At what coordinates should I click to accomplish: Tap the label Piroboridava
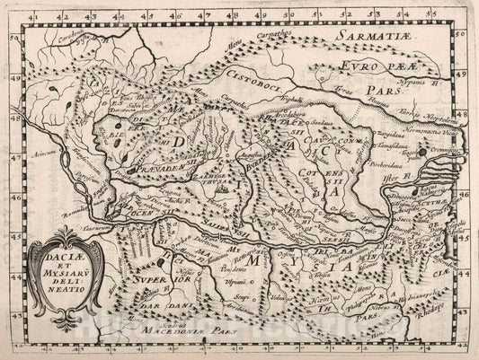point(409,165)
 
